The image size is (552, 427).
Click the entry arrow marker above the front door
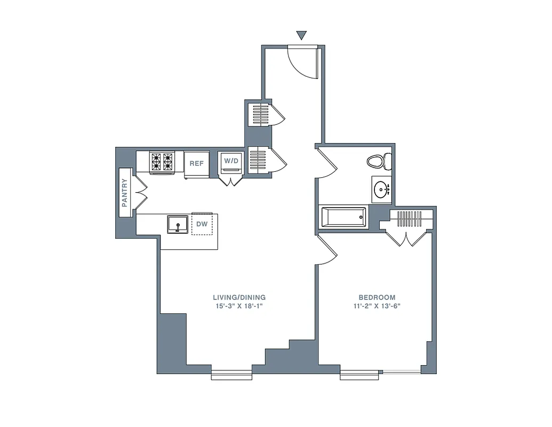coord(302,36)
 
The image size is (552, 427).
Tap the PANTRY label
coord(125,193)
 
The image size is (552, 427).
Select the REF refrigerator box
coord(196,163)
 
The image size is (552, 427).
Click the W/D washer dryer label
coord(231,161)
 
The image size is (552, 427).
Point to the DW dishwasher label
coord(202,224)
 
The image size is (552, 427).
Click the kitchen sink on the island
coord(177,224)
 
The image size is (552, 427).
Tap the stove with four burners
coord(162,162)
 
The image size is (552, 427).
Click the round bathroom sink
coord(382,189)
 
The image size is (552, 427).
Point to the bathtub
coord(343,218)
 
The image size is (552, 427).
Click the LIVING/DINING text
coord(239,297)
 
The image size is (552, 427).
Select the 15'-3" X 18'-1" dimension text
coord(239,306)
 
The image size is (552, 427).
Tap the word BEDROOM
coord(377,297)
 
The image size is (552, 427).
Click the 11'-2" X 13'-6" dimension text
coord(377,306)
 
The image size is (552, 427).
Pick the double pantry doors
coord(141,193)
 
